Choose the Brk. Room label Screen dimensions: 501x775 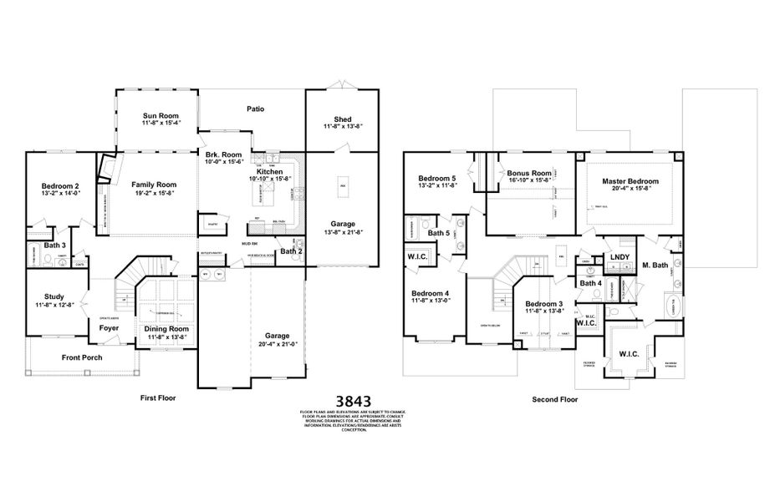click(x=224, y=154)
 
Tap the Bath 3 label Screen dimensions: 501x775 click(x=56, y=245)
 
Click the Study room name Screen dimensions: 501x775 click(x=54, y=296)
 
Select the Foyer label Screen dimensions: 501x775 click(x=110, y=328)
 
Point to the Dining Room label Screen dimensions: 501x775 click(x=168, y=329)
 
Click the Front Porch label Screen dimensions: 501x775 click(x=82, y=357)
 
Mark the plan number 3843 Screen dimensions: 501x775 click(x=353, y=401)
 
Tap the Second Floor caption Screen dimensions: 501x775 click(x=555, y=399)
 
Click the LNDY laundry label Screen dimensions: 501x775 click(x=619, y=257)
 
